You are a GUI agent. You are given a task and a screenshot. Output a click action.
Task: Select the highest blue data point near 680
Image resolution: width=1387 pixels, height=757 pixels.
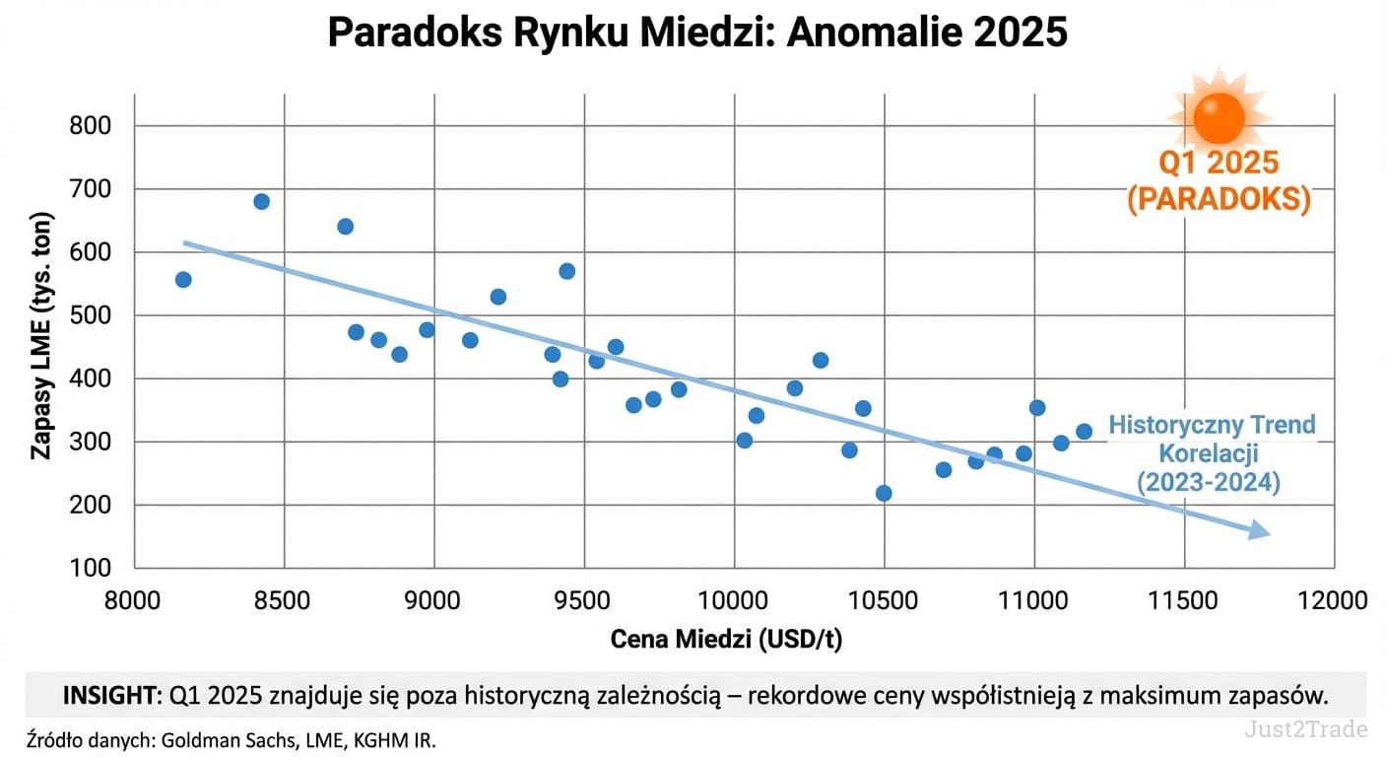tap(261, 201)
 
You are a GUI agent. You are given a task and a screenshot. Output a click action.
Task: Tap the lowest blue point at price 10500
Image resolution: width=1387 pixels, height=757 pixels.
tap(884, 493)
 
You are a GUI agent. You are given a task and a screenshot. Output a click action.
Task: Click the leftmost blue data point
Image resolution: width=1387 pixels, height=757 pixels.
tap(183, 280)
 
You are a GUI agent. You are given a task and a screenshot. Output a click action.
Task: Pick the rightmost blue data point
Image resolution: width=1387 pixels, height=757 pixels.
tap(1084, 431)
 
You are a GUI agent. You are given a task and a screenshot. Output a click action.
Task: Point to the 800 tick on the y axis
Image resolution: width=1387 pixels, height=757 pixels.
tap(91, 126)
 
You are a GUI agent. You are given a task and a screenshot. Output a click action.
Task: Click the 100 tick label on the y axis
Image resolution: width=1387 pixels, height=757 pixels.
tap(91, 568)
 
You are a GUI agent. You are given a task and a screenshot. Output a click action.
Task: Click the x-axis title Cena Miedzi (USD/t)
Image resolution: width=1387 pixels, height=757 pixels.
tap(727, 639)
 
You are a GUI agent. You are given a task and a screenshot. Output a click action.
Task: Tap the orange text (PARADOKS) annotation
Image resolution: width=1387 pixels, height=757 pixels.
tap(1219, 200)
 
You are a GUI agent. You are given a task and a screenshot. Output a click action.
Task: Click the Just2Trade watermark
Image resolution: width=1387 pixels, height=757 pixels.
tap(1305, 729)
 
